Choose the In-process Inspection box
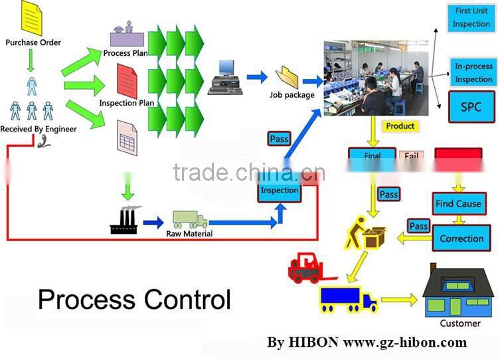[473, 72]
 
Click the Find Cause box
[457, 203]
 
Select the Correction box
[457, 238]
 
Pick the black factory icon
[124, 221]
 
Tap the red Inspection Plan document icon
[127, 80]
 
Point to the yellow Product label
[400, 126]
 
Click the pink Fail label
[411, 157]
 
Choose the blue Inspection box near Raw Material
[280, 190]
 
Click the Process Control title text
[134, 300]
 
